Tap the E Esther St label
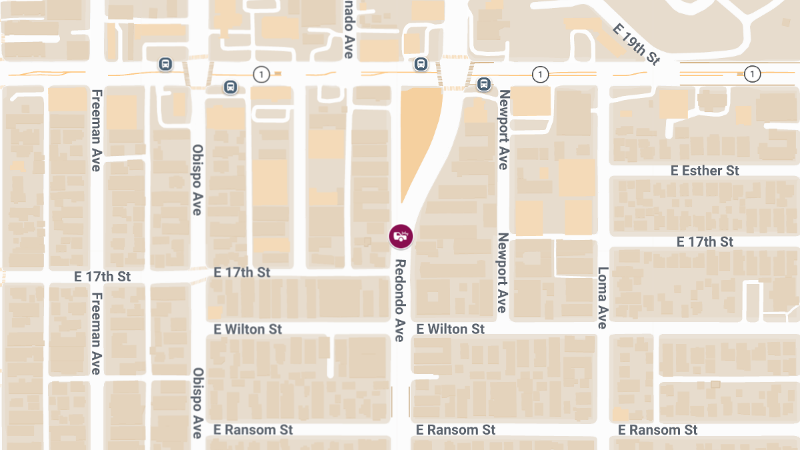705,171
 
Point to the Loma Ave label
602,298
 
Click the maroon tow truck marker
401,235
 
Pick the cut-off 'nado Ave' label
348,29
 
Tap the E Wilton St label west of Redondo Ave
248,329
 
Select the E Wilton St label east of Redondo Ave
451,329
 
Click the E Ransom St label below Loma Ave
657,430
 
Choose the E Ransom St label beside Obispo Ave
253,430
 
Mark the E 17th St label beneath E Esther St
705,241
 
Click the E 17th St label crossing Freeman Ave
103,276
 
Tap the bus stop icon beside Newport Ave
485,85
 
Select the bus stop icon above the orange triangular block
421,64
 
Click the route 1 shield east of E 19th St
753,74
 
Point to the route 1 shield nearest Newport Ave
541,74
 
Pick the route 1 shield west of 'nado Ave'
262,74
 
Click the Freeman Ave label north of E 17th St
97,130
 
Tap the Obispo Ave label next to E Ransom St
197,403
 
